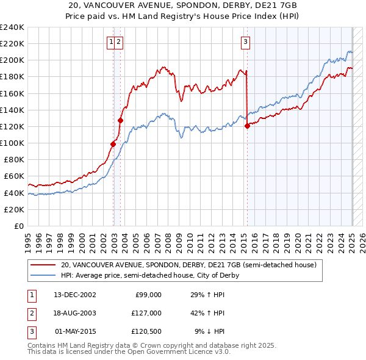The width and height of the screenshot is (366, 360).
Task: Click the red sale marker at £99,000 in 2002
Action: pos(113,144)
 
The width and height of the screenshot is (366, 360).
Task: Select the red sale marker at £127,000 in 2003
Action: pos(121,120)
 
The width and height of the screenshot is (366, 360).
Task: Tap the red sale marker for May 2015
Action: pos(247,126)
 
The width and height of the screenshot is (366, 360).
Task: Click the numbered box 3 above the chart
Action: pos(245,42)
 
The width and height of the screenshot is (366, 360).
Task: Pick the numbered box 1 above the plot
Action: pos(111,42)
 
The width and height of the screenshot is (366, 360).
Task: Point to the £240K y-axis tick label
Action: pos(12,27)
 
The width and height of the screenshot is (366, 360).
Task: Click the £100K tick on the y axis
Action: pos(12,143)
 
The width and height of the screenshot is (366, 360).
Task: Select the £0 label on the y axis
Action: pos(20,226)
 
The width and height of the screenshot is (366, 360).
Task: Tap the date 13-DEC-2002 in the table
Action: pos(75,295)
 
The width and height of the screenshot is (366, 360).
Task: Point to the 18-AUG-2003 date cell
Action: pos(75,313)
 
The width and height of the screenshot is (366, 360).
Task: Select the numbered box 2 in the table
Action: pos(30,313)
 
